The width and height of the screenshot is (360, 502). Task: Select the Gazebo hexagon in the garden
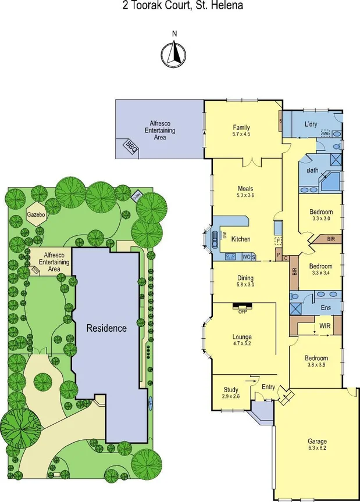pos(36,214)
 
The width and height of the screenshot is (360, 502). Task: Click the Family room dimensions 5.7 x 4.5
pos(241,134)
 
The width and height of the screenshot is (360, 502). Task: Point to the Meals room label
pos(245,188)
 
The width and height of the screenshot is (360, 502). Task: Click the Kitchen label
pos(241,239)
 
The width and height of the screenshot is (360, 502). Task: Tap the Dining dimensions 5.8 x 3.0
pos(241,285)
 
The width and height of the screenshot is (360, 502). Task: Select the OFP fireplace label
pos(243,311)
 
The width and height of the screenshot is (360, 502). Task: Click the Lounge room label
pos(242,336)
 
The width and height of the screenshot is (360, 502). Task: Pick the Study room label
pos(231,389)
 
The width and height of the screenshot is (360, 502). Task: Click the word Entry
pos(268,387)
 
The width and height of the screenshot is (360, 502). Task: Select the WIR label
pos(325,327)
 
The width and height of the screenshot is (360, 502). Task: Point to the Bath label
pos(312,171)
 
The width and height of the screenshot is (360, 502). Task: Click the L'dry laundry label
pos(311,124)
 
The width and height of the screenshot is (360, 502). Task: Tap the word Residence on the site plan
pos(106,328)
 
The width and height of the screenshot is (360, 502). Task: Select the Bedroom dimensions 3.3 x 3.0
pos(321,219)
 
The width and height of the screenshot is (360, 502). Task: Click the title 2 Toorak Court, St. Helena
pos(180,6)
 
